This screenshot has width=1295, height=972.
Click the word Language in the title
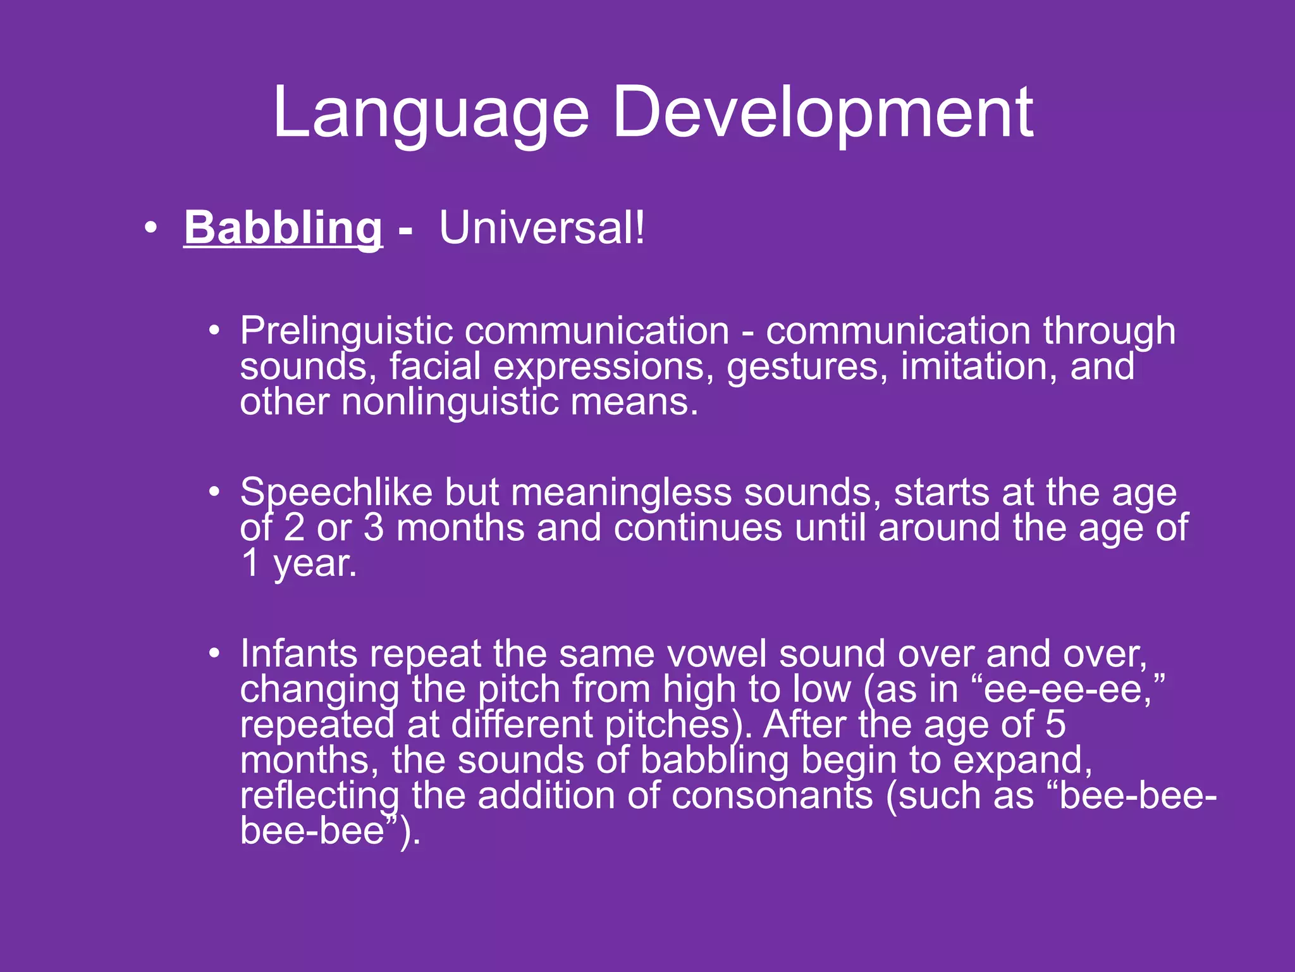click(431, 114)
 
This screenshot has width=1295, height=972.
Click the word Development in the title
click(823, 114)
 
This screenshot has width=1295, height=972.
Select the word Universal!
click(542, 228)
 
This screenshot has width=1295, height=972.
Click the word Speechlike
click(336, 492)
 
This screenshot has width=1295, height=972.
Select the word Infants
click(298, 654)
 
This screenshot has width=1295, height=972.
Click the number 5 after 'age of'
click(1055, 725)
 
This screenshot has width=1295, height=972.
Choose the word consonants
click(772, 795)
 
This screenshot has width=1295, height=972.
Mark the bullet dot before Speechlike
click(215, 492)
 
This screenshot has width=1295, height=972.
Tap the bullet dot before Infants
click(215, 654)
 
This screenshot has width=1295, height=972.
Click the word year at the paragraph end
click(314, 564)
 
